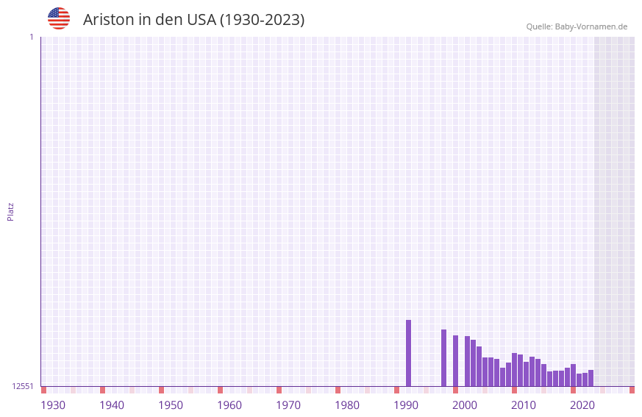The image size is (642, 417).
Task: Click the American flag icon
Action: click(x=59, y=18)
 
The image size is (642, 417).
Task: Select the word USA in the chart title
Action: click(x=201, y=20)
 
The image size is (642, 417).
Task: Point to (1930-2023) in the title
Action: click(x=262, y=20)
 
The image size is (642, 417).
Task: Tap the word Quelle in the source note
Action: click(x=538, y=27)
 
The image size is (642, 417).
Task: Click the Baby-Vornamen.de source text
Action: click(x=591, y=27)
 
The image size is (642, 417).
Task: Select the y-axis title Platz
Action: click(x=10, y=211)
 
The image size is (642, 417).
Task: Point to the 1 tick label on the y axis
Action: click(x=31, y=37)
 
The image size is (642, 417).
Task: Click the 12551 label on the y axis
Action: click(x=23, y=386)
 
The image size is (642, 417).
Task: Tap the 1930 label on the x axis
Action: click(x=53, y=405)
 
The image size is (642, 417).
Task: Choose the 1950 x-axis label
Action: click(x=171, y=405)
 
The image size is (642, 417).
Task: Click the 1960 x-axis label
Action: click(x=229, y=405)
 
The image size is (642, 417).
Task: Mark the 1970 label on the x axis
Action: click(x=288, y=405)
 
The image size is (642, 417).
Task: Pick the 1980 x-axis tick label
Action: click(x=347, y=405)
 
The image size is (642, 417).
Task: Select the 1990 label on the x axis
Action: click(x=406, y=405)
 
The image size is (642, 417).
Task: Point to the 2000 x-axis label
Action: click(x=465, y=405)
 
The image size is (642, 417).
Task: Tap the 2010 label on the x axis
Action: click(x=524, y=405)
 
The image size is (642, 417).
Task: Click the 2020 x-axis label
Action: click(x=582, y=405)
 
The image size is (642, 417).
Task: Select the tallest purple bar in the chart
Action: click(x=409, y=353)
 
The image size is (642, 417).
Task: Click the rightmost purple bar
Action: click(x=591, y=378)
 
